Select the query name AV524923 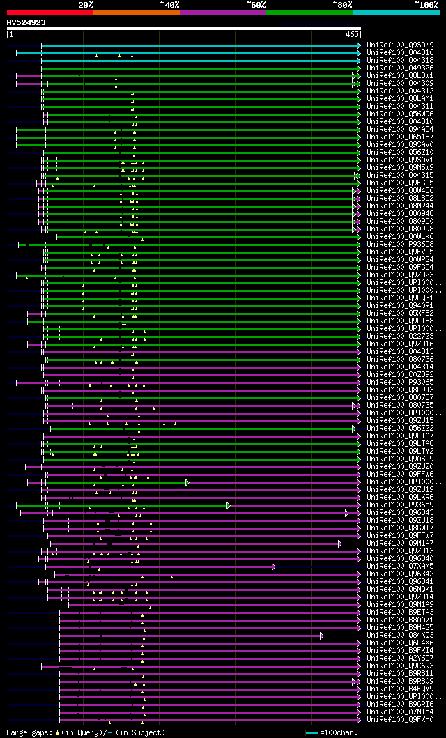[26, 22]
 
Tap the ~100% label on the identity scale [426, 5]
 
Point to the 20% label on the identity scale [86, 5]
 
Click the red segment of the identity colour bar [49, 13]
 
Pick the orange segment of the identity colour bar [136, 13]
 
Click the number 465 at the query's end [351, 33]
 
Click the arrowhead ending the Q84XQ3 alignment [322, 636]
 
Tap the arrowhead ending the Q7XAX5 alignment [274, 567]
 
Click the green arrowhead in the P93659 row [228, 505]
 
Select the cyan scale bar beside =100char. [312, 732]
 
